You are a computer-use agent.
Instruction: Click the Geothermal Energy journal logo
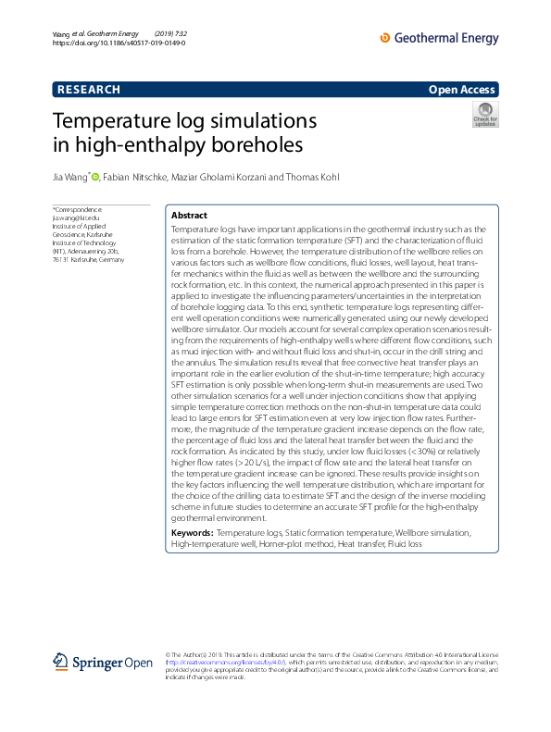click(439, 38)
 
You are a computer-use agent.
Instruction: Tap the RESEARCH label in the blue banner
click(89, 90)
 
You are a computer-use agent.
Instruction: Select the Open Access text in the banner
click(461, 90)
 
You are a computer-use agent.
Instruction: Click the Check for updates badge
click(484, 115)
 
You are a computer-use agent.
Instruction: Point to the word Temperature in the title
click(115, 121)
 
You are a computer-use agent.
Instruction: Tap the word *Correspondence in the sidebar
click(77, 210)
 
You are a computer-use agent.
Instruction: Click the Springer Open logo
click(103, 662)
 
